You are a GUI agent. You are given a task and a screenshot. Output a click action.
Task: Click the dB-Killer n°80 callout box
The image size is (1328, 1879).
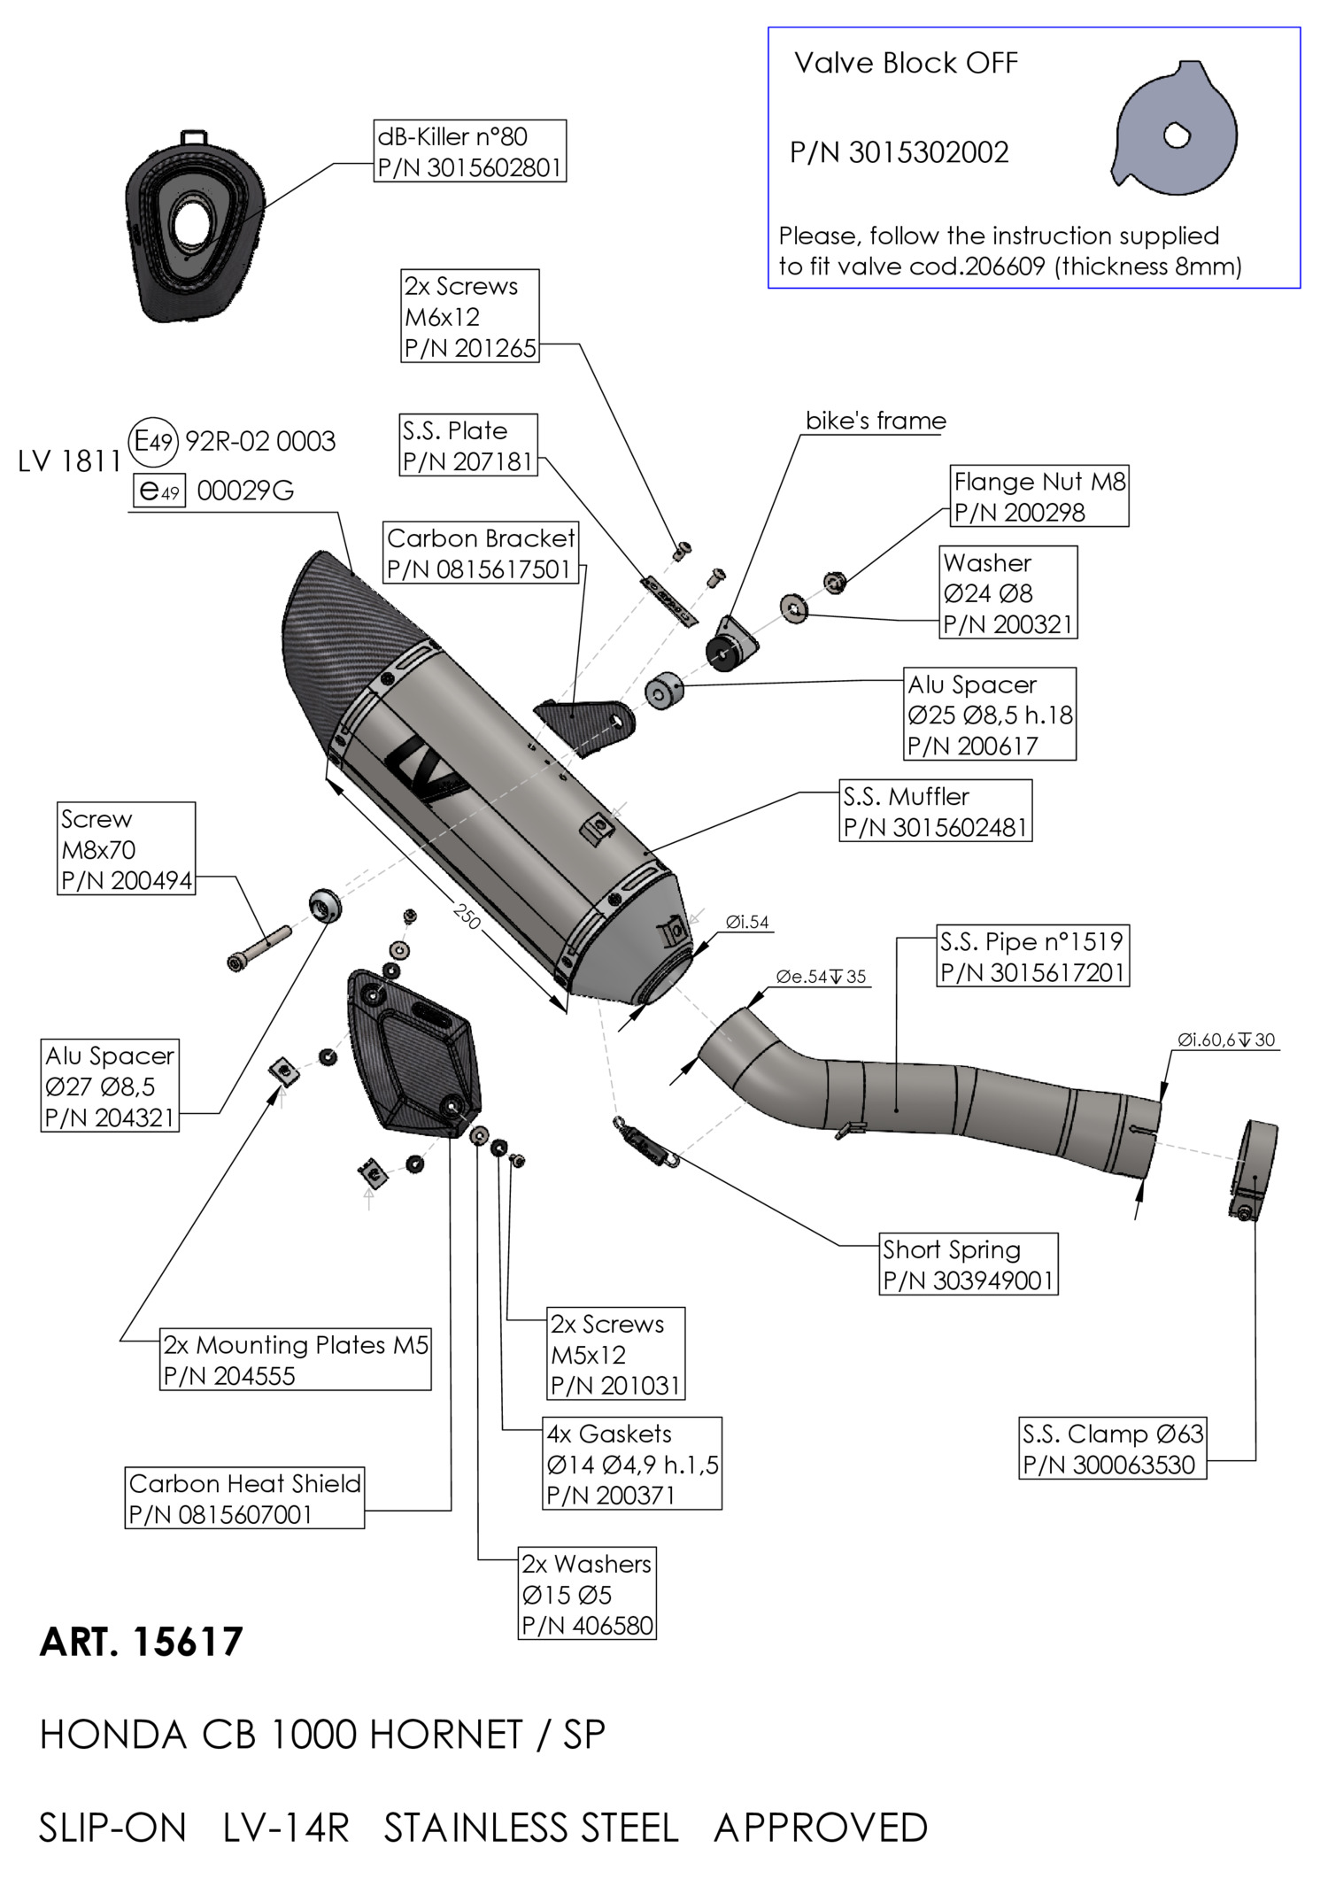[x=470, y=151]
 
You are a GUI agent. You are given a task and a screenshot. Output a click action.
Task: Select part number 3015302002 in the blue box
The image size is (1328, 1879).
[x=899, y=153]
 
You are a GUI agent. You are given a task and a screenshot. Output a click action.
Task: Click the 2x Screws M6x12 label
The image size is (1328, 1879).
[x=470, y=316]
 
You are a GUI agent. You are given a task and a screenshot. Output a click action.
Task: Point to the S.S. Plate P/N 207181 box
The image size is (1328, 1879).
[x=468, y=445]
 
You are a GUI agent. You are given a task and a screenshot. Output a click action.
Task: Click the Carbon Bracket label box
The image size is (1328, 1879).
[x=481, y=553]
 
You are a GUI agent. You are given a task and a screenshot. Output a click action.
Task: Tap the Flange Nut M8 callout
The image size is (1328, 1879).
[x=1039, y=497]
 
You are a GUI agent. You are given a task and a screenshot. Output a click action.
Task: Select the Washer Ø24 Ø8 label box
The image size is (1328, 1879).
[x=1008, y=592]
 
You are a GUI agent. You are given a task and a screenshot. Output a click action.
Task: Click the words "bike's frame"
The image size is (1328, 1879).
[x=876, y=421]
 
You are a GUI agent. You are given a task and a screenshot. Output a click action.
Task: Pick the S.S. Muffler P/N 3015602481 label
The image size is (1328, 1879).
[x=935, y=811]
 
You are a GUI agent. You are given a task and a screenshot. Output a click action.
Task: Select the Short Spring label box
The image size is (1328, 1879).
[x=969, y=1264]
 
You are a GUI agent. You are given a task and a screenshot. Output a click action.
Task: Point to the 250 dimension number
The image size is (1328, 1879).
[x=467, y=916]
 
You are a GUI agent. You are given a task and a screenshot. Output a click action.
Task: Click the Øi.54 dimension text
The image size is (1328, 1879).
[x=747, y=923]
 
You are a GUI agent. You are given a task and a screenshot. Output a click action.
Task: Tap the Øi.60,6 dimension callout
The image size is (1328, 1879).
[x=1225, y=1040]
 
